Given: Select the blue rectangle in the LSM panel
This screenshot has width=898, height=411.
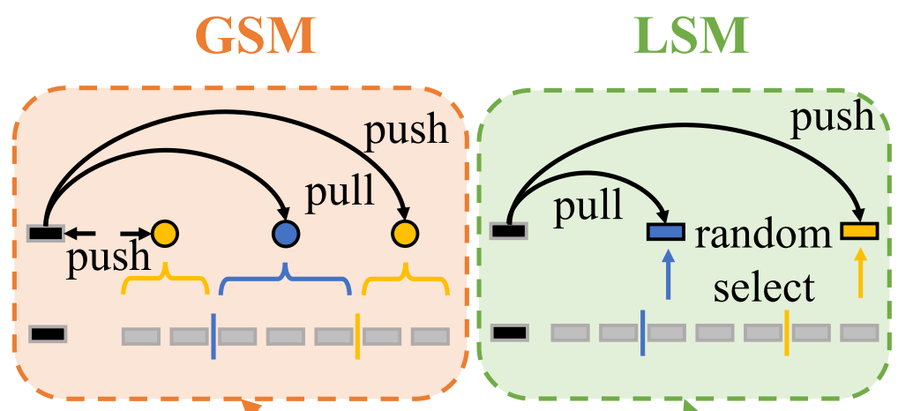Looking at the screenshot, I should [666, 232].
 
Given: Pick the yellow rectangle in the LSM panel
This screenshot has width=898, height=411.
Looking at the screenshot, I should [858, 231].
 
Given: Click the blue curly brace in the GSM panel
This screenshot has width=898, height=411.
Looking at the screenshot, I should [285, 282].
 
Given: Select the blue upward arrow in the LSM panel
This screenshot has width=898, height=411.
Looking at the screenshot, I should [668, 273].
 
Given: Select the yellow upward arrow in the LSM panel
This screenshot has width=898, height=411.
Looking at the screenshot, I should [861, 273].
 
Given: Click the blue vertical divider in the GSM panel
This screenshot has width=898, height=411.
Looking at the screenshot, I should [213, 335].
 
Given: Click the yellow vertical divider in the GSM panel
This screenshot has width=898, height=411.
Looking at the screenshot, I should [356, 335].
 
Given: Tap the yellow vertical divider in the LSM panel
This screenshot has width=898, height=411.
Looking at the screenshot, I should [786, 333].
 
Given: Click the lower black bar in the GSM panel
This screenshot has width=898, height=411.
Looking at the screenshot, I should [47, 334].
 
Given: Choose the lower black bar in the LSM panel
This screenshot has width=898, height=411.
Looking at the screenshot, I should [510, 333].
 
